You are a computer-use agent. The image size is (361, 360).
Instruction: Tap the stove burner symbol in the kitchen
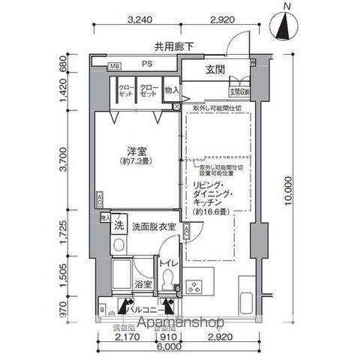[x=196, y=286]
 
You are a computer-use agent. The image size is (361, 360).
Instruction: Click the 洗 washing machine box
[x=119, y=225]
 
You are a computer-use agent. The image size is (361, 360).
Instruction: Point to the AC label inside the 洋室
[x=100, y=199]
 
